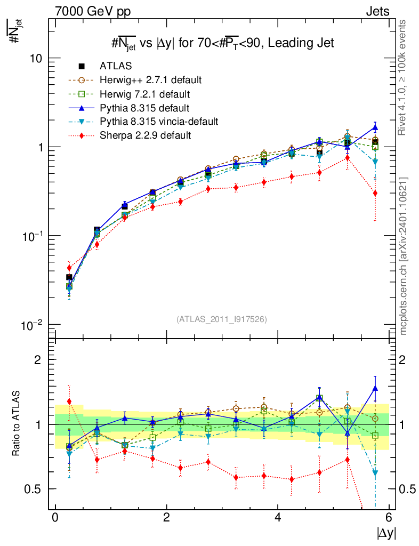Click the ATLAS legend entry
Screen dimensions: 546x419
[x=116, y=66]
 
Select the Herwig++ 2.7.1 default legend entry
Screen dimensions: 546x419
[x=150, y=80]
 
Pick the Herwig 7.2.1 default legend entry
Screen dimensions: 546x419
[x=145, y=94]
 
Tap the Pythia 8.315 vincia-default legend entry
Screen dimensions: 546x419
[x=159, y=122]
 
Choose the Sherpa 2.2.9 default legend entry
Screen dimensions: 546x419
[x=145, y=135]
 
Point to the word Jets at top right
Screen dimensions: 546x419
[x=377, y=11]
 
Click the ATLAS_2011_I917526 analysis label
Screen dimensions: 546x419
[x=221, y=319]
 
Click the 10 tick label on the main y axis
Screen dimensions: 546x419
[x=36, y=58]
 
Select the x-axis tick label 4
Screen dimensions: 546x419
[x=278, y=518]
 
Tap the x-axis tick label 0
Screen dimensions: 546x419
[x=55, y=518]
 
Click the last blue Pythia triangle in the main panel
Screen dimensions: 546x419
[x=375, y=128]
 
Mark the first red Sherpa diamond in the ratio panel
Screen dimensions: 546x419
[x=69, y=402]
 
